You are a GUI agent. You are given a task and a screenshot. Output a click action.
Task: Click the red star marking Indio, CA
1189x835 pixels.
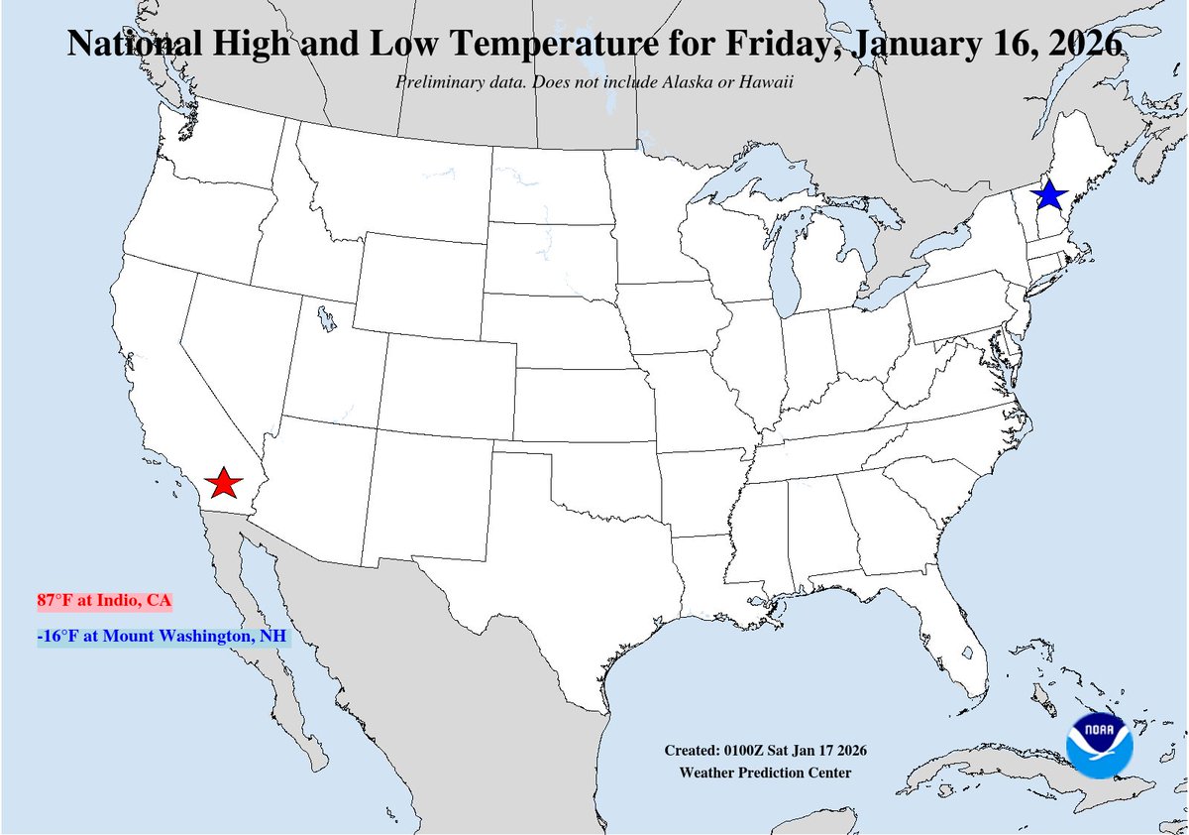[225, 483]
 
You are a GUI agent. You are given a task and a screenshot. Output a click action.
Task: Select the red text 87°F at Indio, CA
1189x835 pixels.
[103, 601]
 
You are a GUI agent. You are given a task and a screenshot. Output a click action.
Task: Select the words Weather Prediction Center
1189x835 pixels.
[764, 773]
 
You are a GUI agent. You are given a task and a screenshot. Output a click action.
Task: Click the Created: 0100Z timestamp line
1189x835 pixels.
[766, 751]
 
